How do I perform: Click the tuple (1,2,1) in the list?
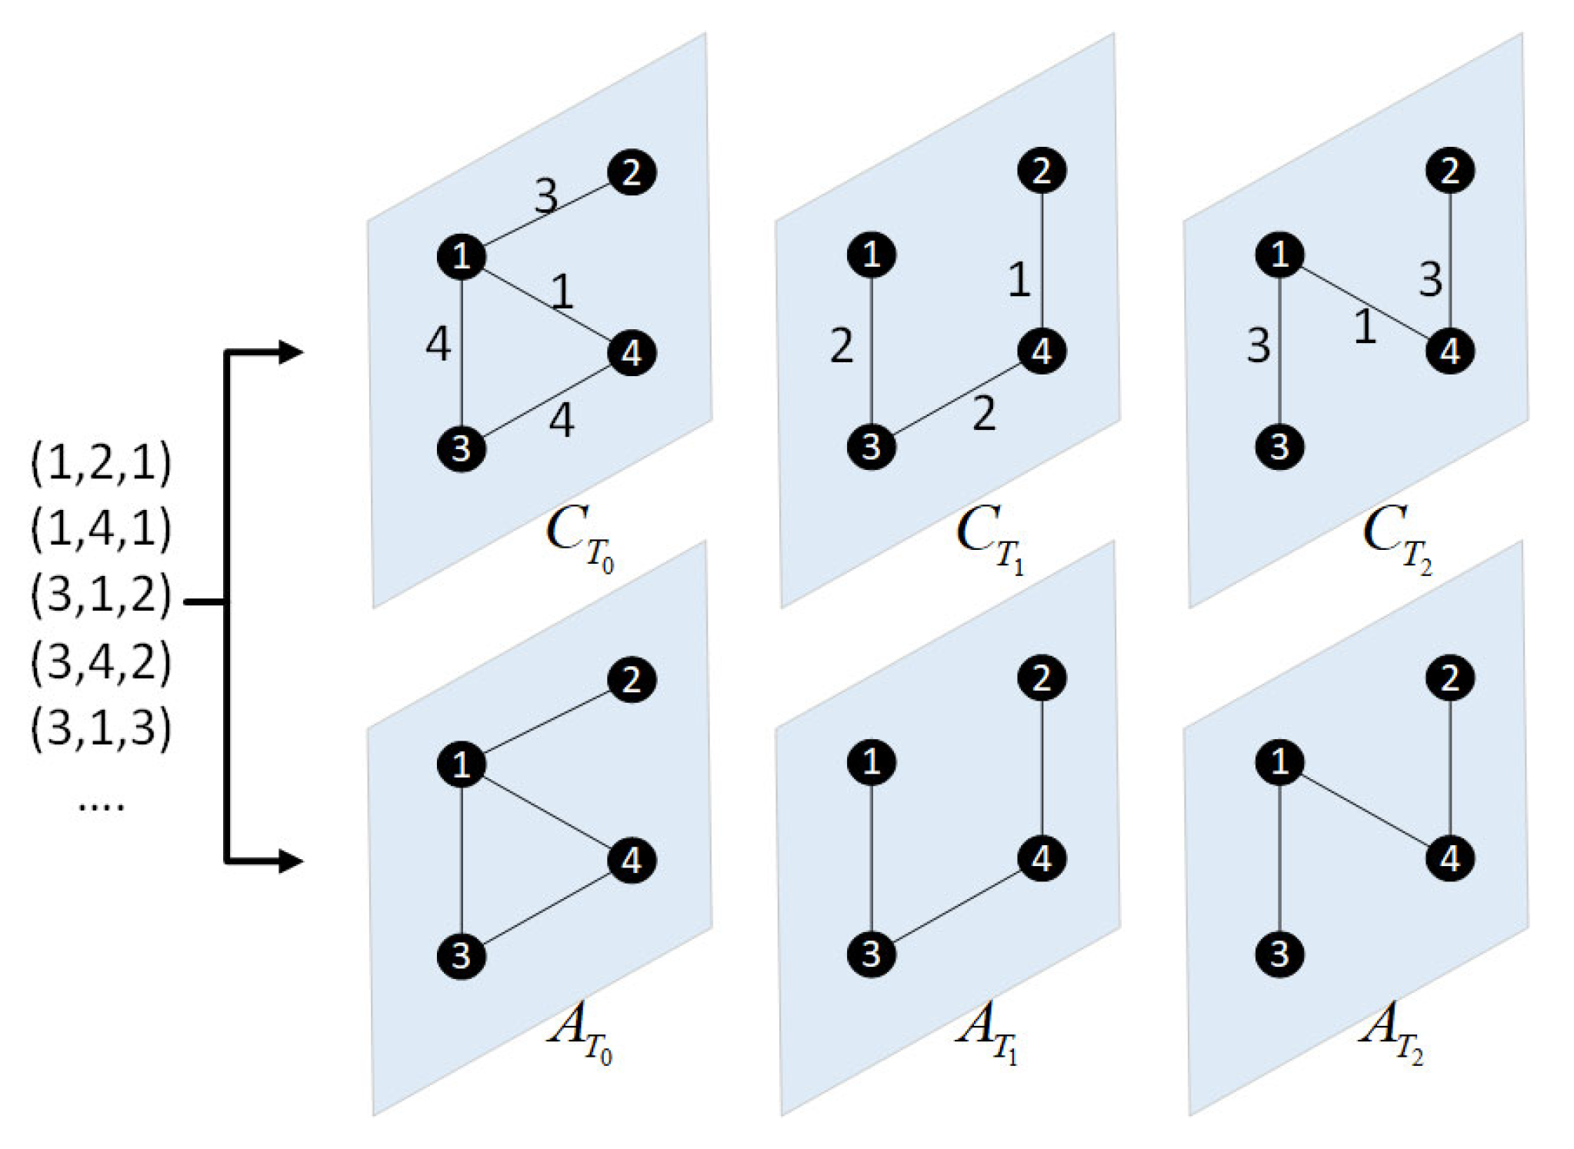click(x=101, y=462)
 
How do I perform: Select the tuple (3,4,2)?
click(x=101, y=661)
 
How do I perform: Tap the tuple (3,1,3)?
click(x=101, y=728)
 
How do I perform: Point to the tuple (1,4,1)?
click(x=101, y=529)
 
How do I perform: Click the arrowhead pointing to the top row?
click(x=290, y=352)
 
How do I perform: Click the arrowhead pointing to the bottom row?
click(x=290, y=861)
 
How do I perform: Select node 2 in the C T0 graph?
click(x=632, y=172)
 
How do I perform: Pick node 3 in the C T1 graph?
click(x=871, y=446)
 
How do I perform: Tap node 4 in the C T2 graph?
click(x=1450, y=352)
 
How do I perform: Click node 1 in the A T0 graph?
click(x=461, y=764)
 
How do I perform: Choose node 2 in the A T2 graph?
click(x=1450, y=678)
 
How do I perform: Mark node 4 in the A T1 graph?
click(x=1042, y=859)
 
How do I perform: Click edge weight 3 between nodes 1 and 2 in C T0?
click(x=545, y=196)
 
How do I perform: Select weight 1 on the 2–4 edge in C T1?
click(x=1019, y=279)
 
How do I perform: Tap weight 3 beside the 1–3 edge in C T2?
click(x=1259, y=345)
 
